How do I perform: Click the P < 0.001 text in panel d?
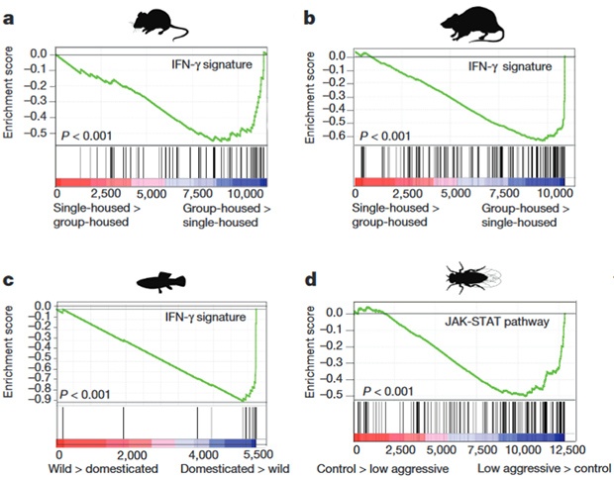coord(393,392)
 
